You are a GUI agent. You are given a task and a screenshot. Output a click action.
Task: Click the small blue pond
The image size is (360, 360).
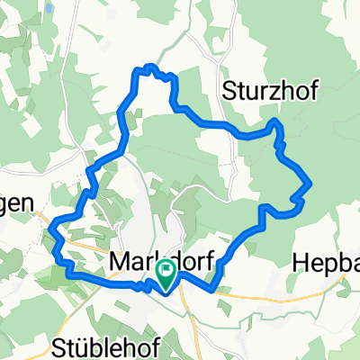47,6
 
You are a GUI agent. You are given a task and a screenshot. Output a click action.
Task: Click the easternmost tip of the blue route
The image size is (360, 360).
310,183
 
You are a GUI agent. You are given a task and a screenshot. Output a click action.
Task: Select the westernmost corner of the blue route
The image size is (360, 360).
53,222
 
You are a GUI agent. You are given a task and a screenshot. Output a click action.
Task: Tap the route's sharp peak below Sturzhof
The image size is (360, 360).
274,120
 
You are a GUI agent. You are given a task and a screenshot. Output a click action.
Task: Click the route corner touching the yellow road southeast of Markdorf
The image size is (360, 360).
214,290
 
